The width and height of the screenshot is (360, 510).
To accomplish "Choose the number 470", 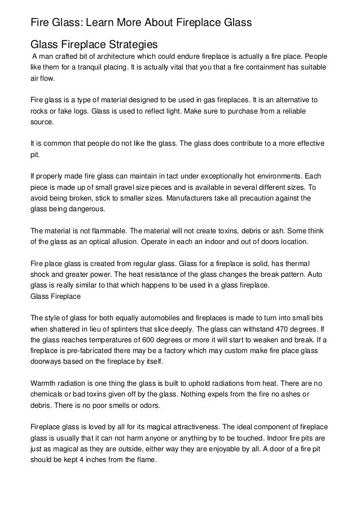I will pyautogui.click(x=278, y=328).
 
